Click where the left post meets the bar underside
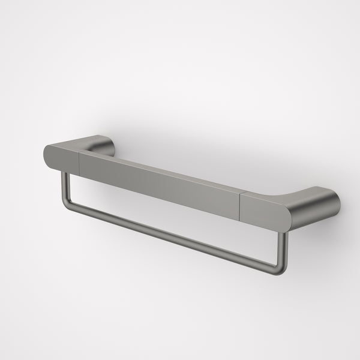point(64,174)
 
